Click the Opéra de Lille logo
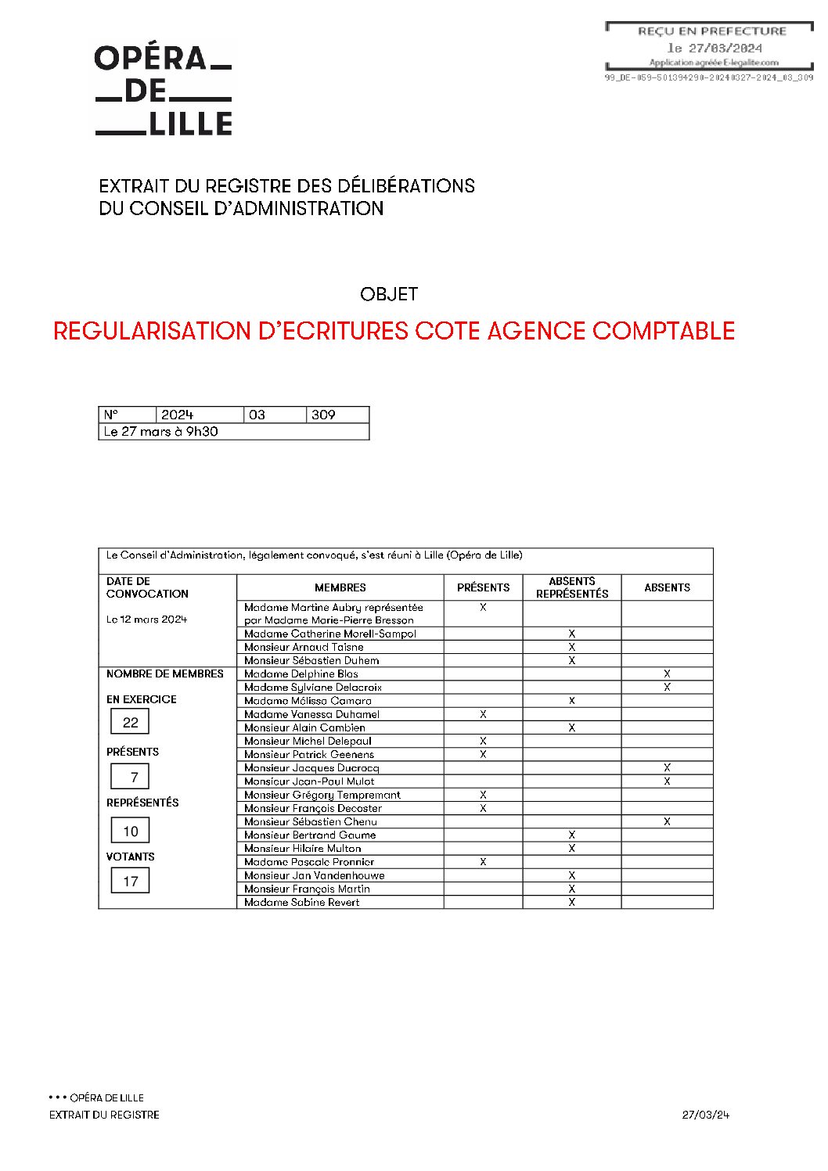pyautogui.click(x=164, y=91)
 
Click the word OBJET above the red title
pyautogui.click(x=389, y=294)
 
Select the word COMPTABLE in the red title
pyautogui.click(x=663, y=331)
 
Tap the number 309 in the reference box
pyautogui.click(x=323, y=415)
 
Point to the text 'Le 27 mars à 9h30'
pyautogui.click(x=160, y=432)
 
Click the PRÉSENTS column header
pyautogui.click(x=483, y=587)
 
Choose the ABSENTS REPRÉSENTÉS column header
pyautogui.click(x=572, y=587)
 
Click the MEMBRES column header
pyautogui.click(x=340, y=587)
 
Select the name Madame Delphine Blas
pyautogui.click(x=301, y=674)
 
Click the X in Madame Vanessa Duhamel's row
pyautogui.click(x=483, y=714)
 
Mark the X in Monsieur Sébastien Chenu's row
pyautogui.click(x=667, y=821)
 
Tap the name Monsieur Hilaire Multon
pyautogui.click(x=302, y=848)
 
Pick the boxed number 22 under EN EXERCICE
pyautogui.click(x=130, y=723)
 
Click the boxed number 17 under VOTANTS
pyautogui.click(x=130, y=882)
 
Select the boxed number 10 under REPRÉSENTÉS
pyautogui.click(x=130, y=832)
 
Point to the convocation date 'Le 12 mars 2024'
pyautogui.click(x=146, y=620)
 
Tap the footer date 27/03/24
pyautogui.click(x=705, y=1115)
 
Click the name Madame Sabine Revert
pyautogui.click(x=301, y=902)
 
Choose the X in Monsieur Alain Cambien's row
pyautogui.click(x=572, y=727)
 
